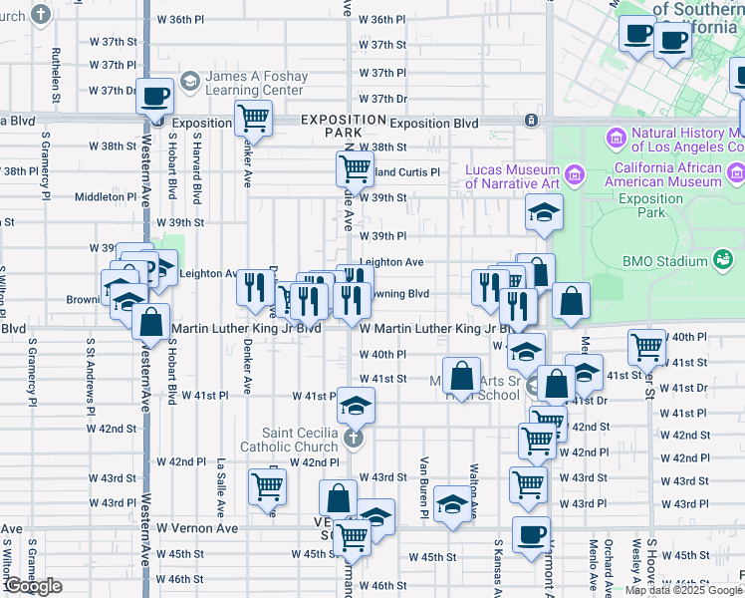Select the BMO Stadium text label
pyautogui.click(x=664, y=262)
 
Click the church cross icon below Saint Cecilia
pyautogui.click(x=352, y=438)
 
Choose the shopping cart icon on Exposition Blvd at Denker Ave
pyautogui.click(x=254, y=118)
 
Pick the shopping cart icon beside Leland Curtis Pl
pyautogui.click(x=354, y=169)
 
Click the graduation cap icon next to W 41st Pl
pyautogui.click(x=356, y=405)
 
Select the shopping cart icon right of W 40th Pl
pyautogui.click(x=646, y=347)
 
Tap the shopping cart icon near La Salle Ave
pyautogui.click(x=268, y=488)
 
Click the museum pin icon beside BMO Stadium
pyautogui.click(x=723, y=261)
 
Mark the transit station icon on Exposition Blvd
pyautogui.click(x=532, y=121)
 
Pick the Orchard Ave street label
pyautogui.click(x=607, y=564)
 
